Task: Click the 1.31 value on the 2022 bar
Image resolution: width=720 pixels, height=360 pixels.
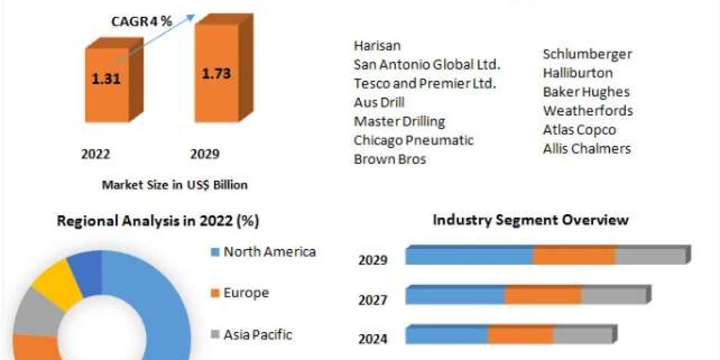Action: coord(106,79)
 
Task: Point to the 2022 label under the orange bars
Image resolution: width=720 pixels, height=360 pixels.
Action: coord(96,154)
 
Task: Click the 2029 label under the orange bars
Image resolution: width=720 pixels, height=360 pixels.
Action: coord(205,154)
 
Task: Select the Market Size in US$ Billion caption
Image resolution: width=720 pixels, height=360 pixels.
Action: coord(175,185)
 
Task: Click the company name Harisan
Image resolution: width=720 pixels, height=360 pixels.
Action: coord(377,46)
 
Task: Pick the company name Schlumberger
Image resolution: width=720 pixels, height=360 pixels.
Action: coord(587,54)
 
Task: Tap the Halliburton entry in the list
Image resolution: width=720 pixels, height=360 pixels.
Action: coord(578,73)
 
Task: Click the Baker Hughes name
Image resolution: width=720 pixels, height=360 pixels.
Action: coord(586,92)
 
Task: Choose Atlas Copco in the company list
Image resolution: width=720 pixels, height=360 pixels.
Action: coord(580,130)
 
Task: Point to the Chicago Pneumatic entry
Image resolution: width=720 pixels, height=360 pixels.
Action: coord(413,140)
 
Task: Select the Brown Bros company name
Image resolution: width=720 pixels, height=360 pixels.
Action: coord(390,159)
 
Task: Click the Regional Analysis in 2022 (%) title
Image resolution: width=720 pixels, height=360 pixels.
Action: coord(158,221)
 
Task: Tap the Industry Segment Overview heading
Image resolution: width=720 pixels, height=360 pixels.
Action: coord(530,220)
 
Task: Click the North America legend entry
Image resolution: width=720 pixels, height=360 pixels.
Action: coord(269,251)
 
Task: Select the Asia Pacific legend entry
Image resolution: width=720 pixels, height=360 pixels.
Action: coord(257,334)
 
